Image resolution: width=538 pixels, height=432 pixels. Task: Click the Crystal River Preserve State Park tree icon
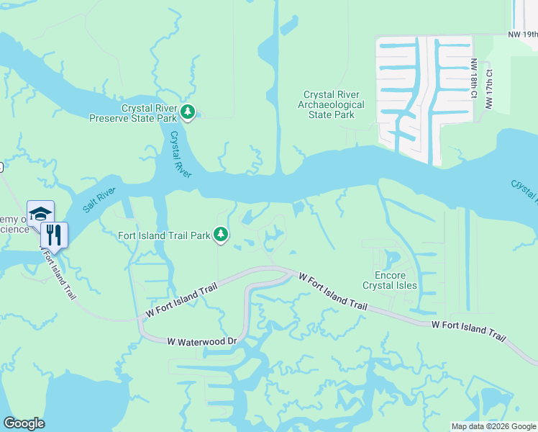pyautogui.click(x=188, y=112)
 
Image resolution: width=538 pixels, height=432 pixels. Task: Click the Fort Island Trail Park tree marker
pyautogui.click(x=222, y=235)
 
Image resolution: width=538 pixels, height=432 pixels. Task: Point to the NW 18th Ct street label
pyautogui.click(x=474, y=79)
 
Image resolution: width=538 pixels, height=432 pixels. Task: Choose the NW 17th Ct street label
pyautogui.click(x=489, y=89)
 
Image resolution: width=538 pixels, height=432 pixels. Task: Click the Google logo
pyautogui.click(x=24, y=423)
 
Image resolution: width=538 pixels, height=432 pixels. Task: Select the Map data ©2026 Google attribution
pyautogui.click(x=493, y=426)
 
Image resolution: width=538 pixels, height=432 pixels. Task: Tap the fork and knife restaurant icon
pyautogui.click(x=54, y=234)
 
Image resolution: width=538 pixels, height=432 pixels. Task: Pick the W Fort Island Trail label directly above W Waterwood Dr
pyautogui.click(x=181, y=301)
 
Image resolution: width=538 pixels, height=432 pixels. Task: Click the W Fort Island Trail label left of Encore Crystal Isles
pyautogui.click(x=332, y=292)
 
